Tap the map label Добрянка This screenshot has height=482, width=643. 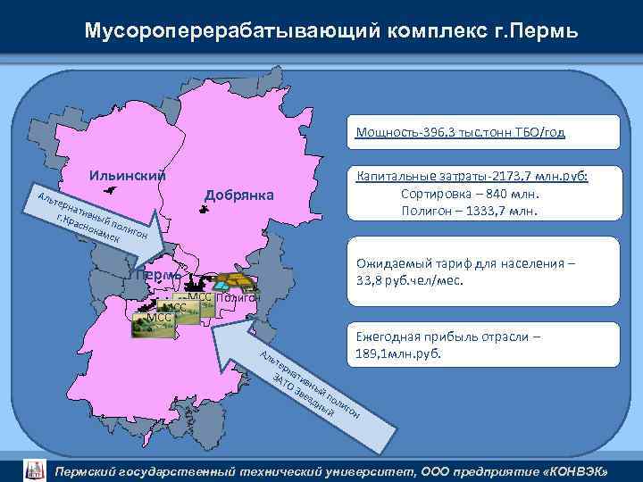(x=240, y=195)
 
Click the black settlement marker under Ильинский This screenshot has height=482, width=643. (x=110, y=190)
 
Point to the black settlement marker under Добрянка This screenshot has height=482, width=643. (x=205, y=212)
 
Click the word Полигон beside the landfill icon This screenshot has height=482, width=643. (x=237, y=297)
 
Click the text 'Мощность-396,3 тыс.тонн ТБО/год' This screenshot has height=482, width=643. (x=460, y=134)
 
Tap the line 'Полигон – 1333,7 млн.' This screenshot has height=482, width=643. (x=472, y=211)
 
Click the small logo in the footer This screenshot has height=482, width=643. (x=33, y=470)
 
